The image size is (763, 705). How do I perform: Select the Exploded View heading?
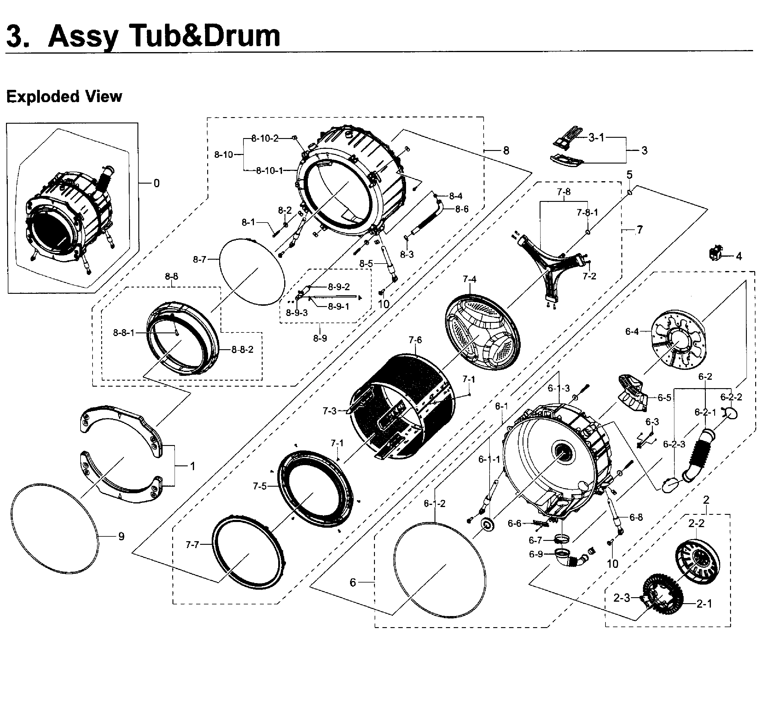tap(64, 96)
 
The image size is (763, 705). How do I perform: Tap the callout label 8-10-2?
tap(265, 138)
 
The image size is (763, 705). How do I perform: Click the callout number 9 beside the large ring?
tap(121, 537)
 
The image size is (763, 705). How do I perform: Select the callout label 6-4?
tap(632, 332)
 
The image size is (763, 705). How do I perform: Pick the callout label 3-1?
tap(596, 137)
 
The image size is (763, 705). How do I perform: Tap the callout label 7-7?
tap(192, 545)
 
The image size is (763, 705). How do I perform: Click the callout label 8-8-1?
tap(124, 333)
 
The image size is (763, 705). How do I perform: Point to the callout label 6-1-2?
tap(435, 503)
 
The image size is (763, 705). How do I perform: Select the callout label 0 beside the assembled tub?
tap(156, 184)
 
